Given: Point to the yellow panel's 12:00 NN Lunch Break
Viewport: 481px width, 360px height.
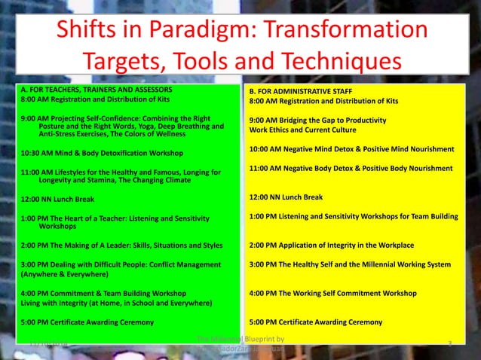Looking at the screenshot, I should (286, 197).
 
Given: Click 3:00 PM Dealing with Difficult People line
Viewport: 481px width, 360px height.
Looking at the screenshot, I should (121, 264).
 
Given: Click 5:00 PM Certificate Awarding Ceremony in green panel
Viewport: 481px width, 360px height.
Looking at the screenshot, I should (88, 322).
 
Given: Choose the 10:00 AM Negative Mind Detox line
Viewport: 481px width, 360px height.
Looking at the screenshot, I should (351, 148).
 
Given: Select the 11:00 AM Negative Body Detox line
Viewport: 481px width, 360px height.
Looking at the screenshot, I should (351, 168).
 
